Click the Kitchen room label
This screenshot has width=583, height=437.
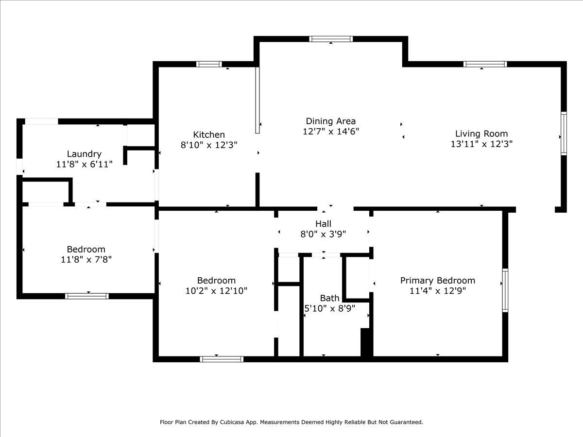[209, 134]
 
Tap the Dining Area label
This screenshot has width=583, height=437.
[331, 121]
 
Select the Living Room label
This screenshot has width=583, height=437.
[481, 134]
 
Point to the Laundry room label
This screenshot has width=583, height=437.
[84, 154]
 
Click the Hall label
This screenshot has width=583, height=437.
[323, 224]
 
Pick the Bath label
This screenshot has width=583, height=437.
[329, 298]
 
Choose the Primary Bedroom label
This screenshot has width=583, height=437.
[438, 281]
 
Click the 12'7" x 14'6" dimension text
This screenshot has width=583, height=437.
[331, 131]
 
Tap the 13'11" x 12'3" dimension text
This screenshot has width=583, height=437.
[481, 144]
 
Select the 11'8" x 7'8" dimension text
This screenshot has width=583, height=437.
[86, 259]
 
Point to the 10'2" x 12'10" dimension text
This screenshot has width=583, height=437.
[217, 291]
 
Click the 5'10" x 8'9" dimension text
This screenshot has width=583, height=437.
[329, 308]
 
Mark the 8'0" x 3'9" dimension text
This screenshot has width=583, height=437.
[323, 234]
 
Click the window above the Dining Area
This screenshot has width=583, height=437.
[331, 39]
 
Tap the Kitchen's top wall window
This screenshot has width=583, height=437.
[209, 64]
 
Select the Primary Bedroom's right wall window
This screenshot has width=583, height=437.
[505, 290]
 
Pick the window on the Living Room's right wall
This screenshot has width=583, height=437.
[564, 134]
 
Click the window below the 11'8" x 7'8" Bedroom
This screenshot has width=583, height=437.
[87, 296]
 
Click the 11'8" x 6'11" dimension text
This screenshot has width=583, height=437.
[85, 164]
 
